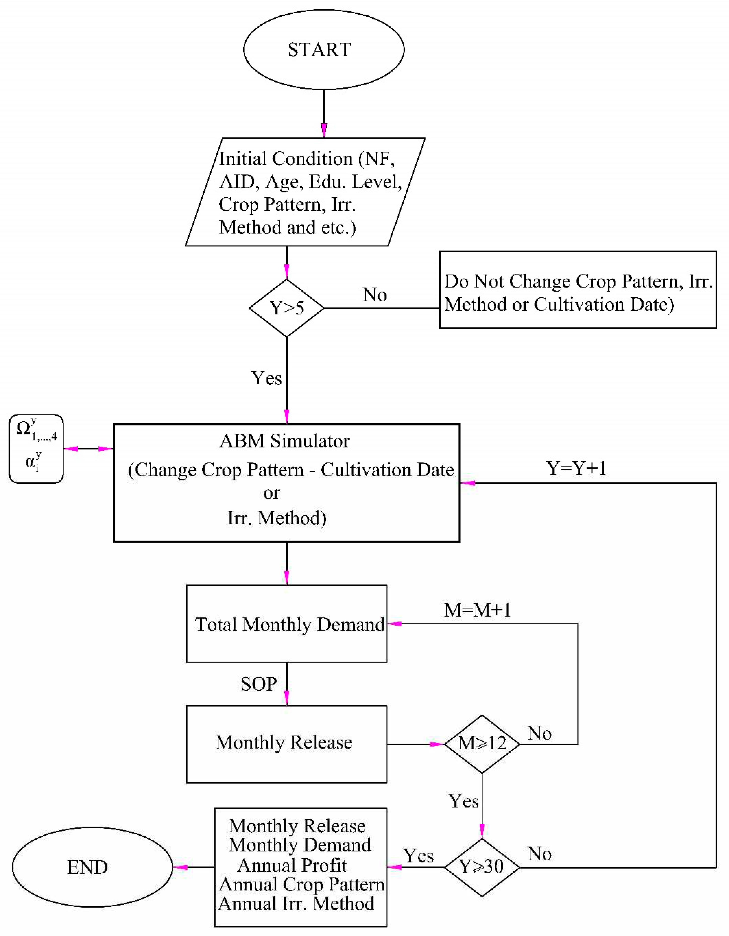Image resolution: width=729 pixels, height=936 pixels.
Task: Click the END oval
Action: point(92,867)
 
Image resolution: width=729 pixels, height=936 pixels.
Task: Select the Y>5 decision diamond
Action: point(286,308)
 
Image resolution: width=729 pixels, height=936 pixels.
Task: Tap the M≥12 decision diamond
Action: point(482,744)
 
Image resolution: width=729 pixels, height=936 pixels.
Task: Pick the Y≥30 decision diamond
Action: point(482,867)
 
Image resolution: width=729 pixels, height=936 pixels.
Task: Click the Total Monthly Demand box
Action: point(286,624)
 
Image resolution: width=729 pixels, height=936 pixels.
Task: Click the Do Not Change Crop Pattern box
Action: point(578,293)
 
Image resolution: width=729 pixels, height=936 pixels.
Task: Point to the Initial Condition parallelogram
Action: point(304,192)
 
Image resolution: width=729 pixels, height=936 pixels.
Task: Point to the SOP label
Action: point(259,684)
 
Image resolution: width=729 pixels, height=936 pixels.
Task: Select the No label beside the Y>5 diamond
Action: point(375,295)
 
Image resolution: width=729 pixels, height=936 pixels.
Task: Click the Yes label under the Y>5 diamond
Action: point(266,378)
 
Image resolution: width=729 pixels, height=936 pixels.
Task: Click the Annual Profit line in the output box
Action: point(292,865)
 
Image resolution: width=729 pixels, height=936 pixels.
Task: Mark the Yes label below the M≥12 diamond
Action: point(464,801)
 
